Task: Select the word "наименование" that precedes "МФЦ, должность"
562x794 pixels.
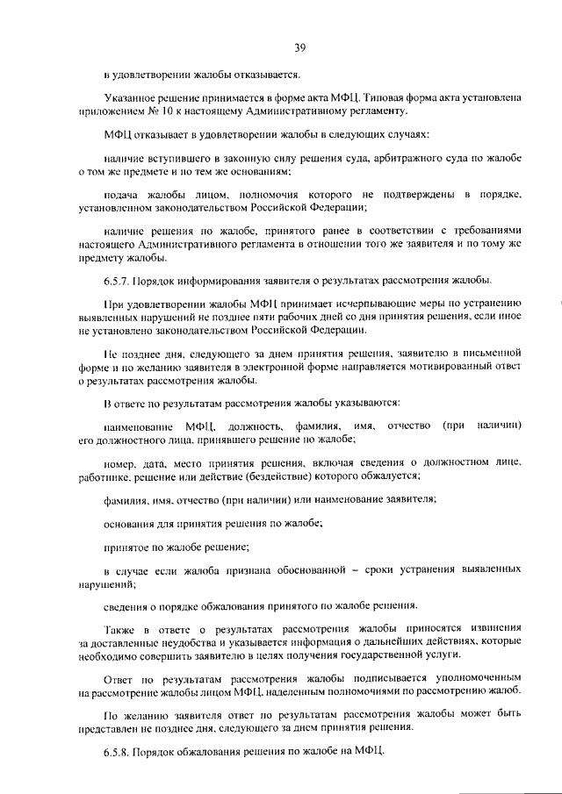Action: click(x=138, y=426)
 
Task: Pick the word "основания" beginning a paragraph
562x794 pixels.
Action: click(x=129, y=523)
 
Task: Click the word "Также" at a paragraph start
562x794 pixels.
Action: click(x=119, y=630)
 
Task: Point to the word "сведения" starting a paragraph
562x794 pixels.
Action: click(x=127, y=605)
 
